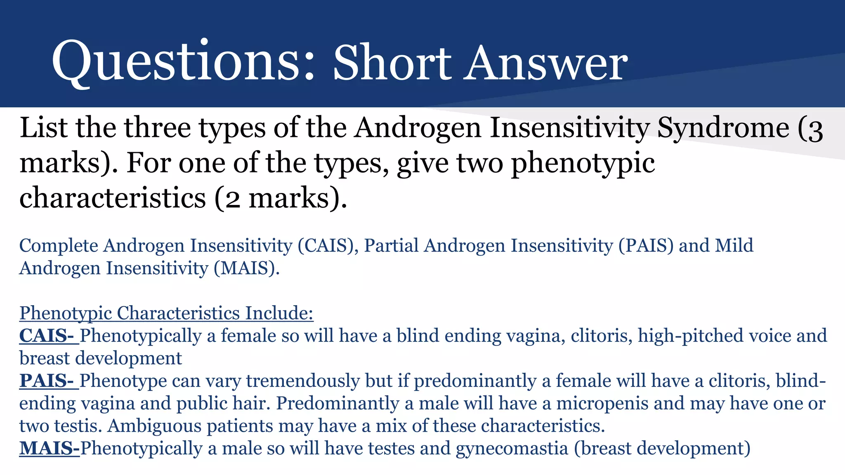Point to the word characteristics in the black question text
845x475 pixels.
click(112, 198)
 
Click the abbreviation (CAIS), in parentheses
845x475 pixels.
click(328, 246)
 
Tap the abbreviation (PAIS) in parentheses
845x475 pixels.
click(646, 246)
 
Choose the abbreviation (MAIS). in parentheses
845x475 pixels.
click(246, 268)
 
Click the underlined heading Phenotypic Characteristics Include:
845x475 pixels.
click(166, 313)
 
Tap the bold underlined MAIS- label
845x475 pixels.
click(50, 449)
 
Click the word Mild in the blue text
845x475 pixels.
click(734, 246)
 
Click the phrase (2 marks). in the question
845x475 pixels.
click(281, 198)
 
